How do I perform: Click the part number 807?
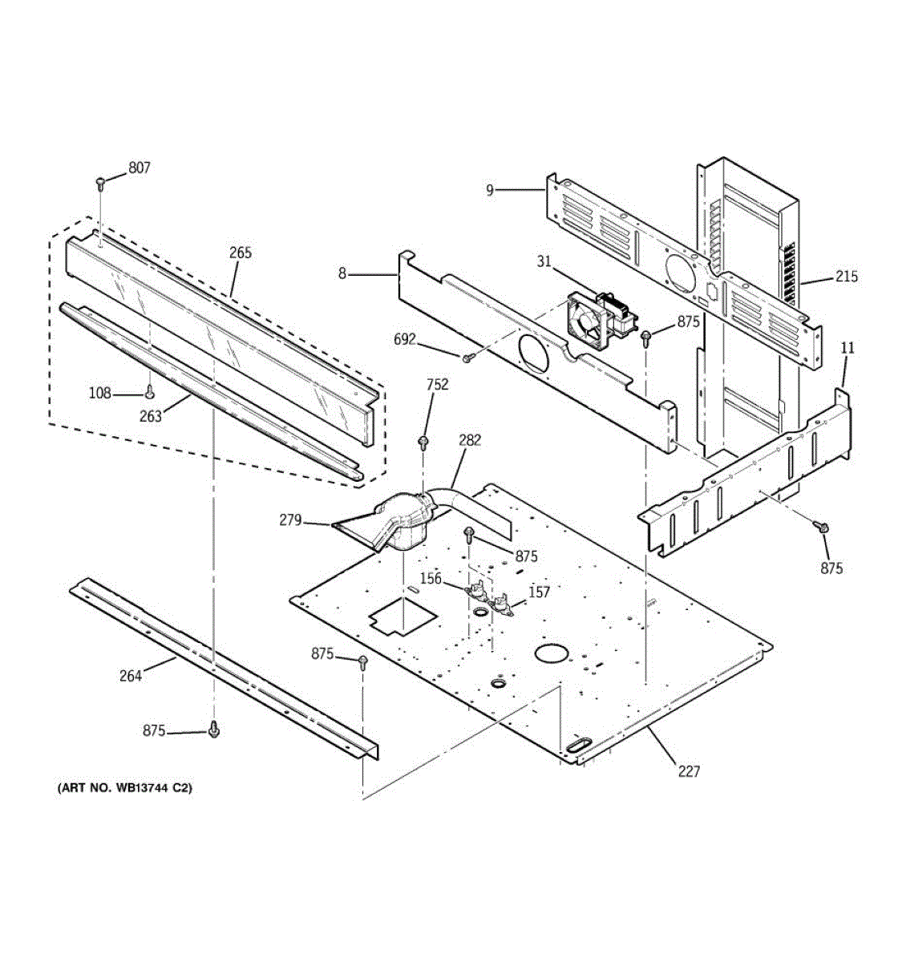(139, 168)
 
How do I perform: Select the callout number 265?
(240, 253)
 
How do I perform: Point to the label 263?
(151, 416)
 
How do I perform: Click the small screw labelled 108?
(149, 391)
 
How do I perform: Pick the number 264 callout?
(131, 676)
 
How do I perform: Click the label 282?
(470, 439)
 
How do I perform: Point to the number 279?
(290, 521)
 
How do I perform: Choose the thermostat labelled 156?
(479, 592)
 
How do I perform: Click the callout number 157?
(540, 592)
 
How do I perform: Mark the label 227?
(688, 772)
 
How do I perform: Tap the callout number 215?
(846, 277)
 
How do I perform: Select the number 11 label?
(847, 348)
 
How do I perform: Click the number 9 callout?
(489, 190)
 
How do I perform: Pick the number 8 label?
(342, 274)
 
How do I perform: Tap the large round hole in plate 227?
(550, 653)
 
